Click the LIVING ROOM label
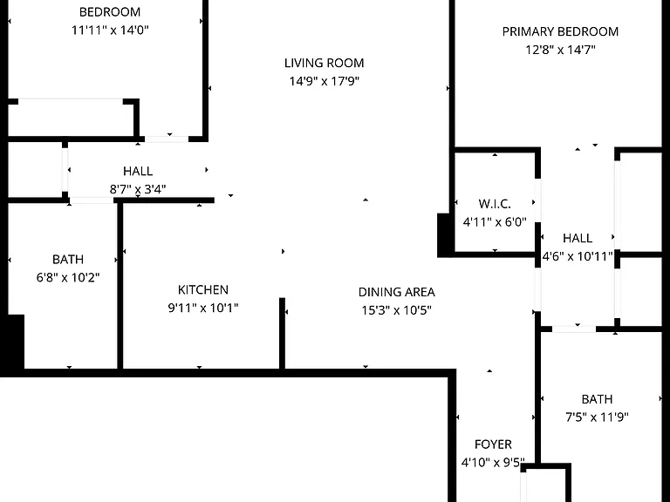pyautogui.click(x=325, y=63)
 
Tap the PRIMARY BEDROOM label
pyautogui.click(x=560, y=31)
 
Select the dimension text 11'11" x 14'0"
pyautogui.click(x=110, y=30)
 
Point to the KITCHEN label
pyautogui.click(x=203, y=290)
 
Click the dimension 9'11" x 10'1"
pyautogui.click(x=203, y=308)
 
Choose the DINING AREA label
pyautogui.click(x=397, y=292)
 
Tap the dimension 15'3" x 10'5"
pyautogui.click(x=397, y=310)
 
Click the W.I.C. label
pyautogui.click(x=495, y=204)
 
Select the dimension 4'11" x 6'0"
pyautogui.click(x=495, y=222)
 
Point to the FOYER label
pyautogui.click(x=493, y=444)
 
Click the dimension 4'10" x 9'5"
pyautogui.click(x=493, y=463)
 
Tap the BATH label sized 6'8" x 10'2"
pyautogui.click(x=68, y=260)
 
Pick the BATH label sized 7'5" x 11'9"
pyautogui.click(x=597, y=399)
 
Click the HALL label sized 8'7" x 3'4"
pyautogui.click(x=138, y=171)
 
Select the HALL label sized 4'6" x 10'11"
pyautogui.click(x=578, y=238)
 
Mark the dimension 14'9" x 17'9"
pyautogui.click(x=325, y=81)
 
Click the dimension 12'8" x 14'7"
pyautogui.click(x=560, y=50)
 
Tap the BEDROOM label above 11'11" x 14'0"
pyautogui.click(x=110, y=12)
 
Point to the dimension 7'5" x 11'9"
pyautogui.click(x=597, y=417)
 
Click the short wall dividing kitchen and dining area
pyautogui.click(x=282, y=333)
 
